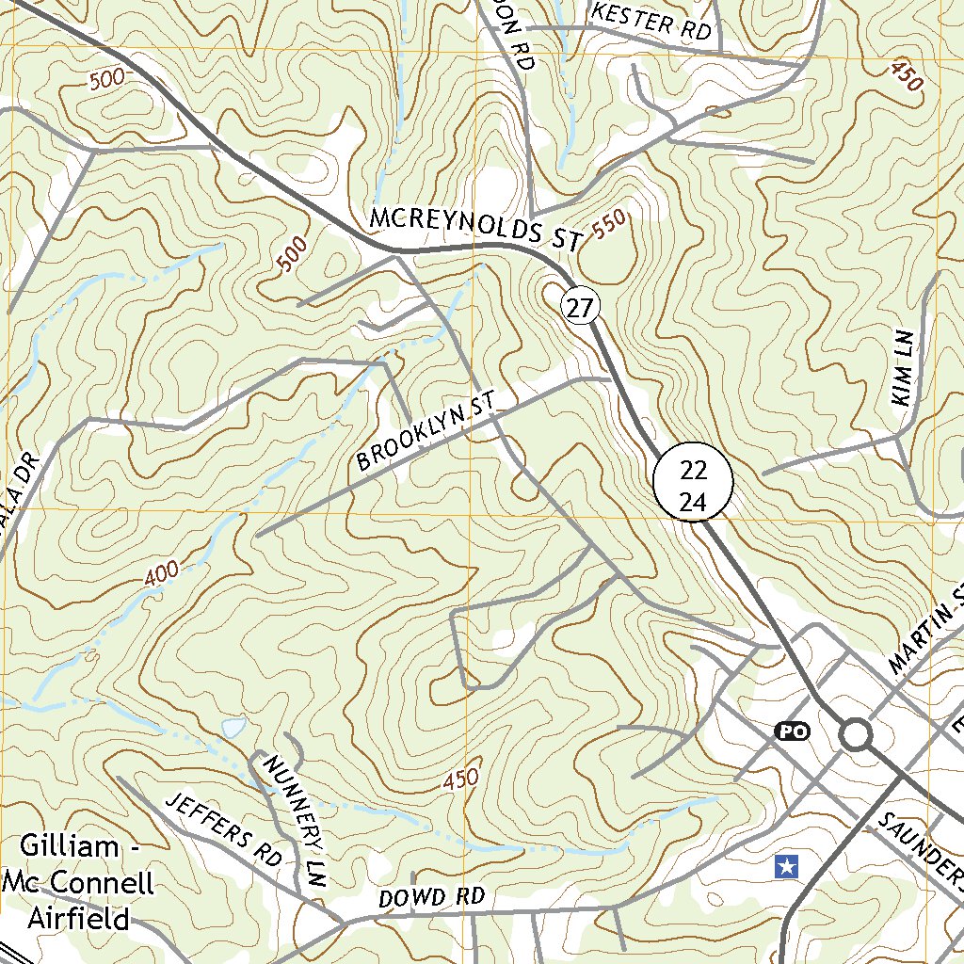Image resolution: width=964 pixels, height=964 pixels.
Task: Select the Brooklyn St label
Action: [426, 434]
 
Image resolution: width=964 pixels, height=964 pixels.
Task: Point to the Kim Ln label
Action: [906, 375]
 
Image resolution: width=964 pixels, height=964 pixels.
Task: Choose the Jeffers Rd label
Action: [224, 829]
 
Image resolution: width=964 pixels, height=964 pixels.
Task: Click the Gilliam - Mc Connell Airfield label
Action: [79, 882]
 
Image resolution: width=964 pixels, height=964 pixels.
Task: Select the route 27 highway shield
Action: [582, 307]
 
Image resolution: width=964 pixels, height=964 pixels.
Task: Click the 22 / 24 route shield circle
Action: [693, 480]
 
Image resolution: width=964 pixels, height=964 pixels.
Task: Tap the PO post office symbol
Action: [792, 731]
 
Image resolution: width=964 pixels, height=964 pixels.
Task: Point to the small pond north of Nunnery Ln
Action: [233, 727]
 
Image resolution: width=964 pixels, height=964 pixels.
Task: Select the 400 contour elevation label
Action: [162, 575]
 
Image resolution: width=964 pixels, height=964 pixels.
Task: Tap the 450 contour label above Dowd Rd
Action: [460, 780]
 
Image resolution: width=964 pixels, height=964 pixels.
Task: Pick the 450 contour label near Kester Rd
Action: [906, 75]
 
